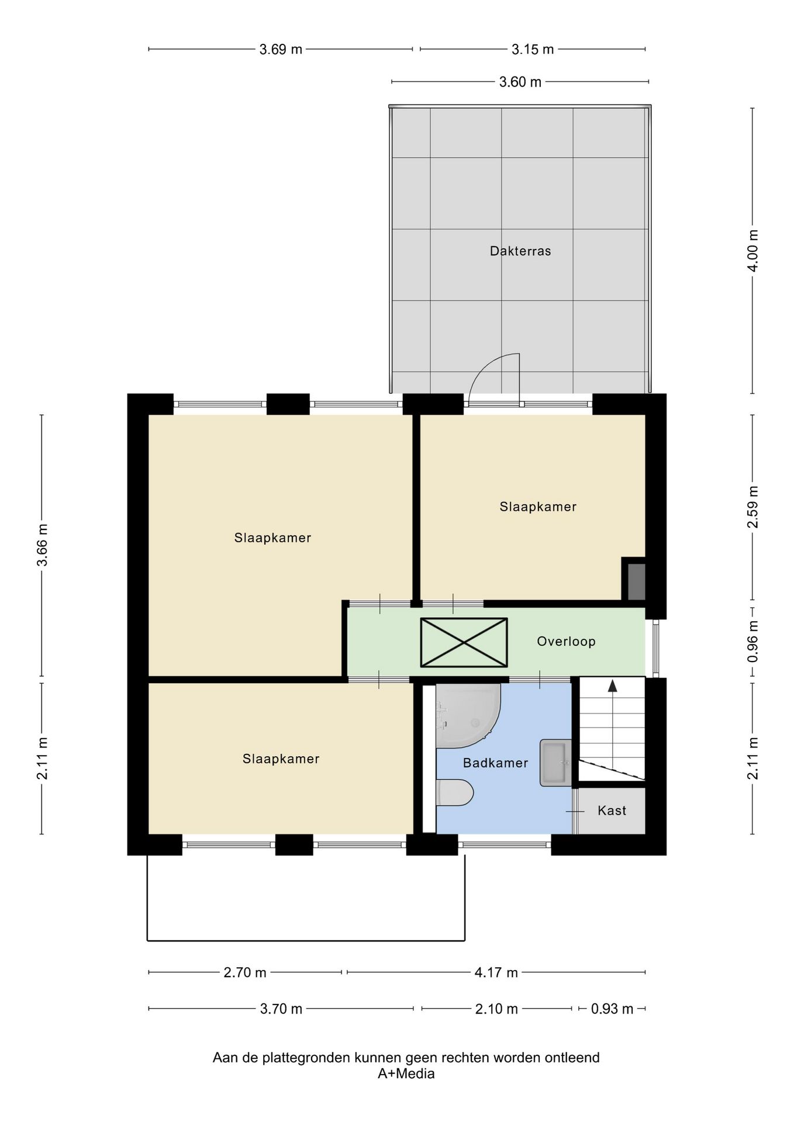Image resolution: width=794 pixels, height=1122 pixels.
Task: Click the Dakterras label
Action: (x=520, y=251)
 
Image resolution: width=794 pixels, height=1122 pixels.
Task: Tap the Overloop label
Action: (x=566, y=642)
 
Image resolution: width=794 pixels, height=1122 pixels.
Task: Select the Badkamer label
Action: (x=495, y=763)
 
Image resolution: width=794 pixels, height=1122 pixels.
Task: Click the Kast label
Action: (x=612, y=811)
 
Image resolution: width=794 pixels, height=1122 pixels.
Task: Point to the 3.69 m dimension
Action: (x=281, y=50)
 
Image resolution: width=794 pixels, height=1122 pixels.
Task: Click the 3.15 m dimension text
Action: (x=533, y=50)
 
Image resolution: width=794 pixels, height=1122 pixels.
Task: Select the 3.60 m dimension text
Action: (x=520, y=82)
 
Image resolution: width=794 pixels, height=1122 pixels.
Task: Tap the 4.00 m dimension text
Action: (x=753, y=251)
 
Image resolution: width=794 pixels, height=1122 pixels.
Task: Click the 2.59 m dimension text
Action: (x=753, y=507)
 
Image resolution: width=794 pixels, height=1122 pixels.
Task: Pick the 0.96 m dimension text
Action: (x=753, y=642)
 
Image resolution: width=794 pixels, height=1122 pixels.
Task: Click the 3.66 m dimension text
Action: (x=42, y=545)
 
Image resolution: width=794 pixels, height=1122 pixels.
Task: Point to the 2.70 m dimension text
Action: (x=245, y=972)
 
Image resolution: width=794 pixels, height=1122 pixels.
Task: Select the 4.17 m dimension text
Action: (x=496, y=972)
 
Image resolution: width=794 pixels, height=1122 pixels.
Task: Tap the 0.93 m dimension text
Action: (x=612, y=1009)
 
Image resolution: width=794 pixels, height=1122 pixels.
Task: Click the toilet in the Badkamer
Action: (x=455, y=792)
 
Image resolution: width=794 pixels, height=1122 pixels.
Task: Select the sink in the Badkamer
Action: (x=555, y=763)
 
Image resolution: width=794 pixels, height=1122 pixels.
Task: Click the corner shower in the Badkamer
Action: (x=468, y=716)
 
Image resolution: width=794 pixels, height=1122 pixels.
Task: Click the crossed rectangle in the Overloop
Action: (x=464, y=642)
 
